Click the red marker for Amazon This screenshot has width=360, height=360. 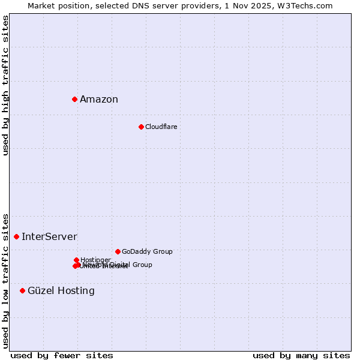tap(74, 99)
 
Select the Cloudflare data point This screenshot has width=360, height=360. tap(141, 127)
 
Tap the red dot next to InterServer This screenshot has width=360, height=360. tap(16, 236)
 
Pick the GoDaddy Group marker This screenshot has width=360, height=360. tap(118, 251)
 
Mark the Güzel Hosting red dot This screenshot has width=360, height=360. tap(22, 290)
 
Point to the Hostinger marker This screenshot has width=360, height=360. tap(76, 260)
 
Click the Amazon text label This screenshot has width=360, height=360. tap(99, 100)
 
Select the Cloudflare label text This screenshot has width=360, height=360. tap(161, 127)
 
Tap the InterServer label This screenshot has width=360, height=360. tap(49, 237)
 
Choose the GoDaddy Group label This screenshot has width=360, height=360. tap(147, 251)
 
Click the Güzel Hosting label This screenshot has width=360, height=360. tap(61, 291)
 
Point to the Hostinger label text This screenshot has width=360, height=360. tap(95, 260)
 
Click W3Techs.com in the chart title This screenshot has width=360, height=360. tap(307, 5)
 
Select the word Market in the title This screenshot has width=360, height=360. tap(41, 5)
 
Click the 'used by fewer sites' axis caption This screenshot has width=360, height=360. tap(62, 355)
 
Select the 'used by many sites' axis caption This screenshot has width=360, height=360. tap(301, 355)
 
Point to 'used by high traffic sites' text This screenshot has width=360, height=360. tap(5, 85)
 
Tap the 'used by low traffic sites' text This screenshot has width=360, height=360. tap(5, 280)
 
